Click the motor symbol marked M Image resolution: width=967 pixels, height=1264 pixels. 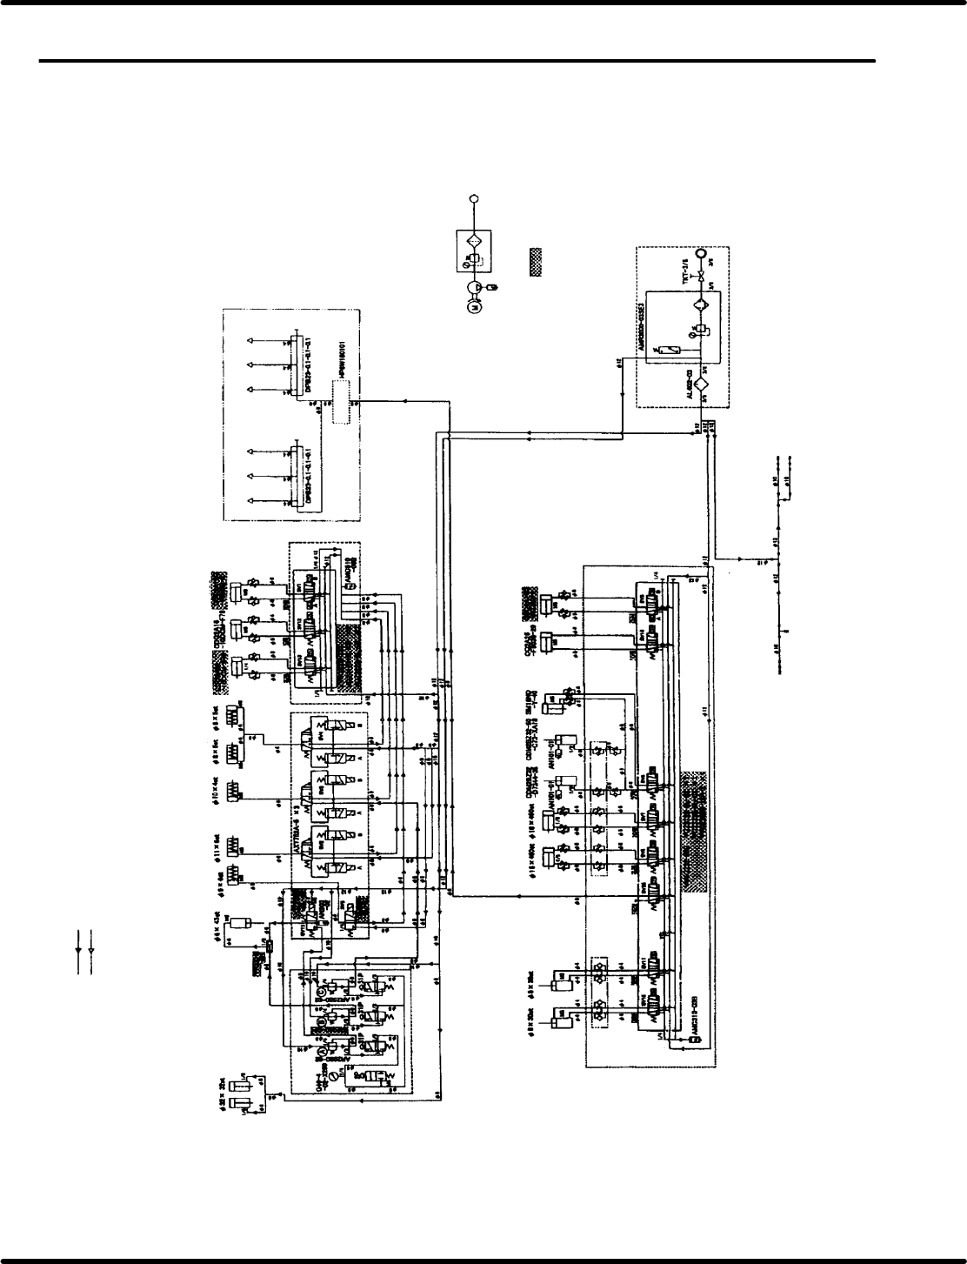pos(475,305)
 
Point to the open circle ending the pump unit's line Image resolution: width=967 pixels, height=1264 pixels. pos(475,199)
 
